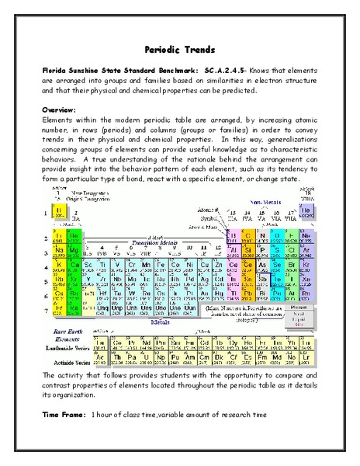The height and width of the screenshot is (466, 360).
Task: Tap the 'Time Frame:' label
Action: pyautogui.click(x=63, y=415)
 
